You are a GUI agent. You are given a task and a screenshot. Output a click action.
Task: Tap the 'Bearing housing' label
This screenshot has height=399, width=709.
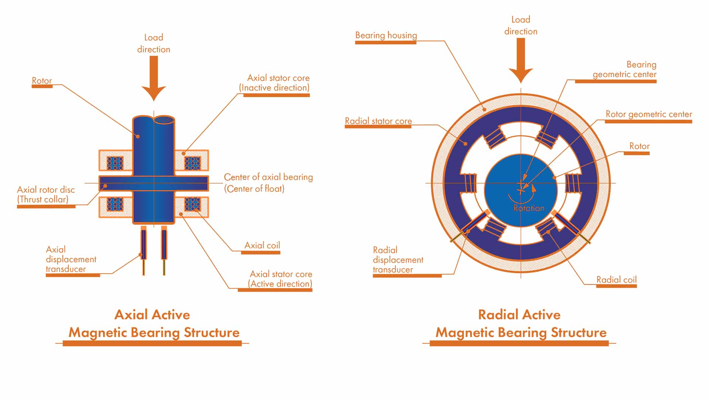coord(386,35)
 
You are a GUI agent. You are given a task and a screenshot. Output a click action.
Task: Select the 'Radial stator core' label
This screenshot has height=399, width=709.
coord(378,121)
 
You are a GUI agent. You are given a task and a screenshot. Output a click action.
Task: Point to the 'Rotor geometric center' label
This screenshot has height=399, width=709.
coord(648,115)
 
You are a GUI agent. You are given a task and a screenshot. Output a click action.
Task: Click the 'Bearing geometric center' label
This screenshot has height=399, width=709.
coord(624,69)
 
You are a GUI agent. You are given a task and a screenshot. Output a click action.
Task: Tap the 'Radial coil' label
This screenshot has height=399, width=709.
coord(616,280)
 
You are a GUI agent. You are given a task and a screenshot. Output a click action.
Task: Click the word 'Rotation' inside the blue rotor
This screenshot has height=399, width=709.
coord(529,208)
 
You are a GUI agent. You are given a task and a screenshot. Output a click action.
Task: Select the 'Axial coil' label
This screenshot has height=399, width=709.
coord(262,246)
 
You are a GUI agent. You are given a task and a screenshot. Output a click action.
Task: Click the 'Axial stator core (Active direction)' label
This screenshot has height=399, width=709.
coord(281,279)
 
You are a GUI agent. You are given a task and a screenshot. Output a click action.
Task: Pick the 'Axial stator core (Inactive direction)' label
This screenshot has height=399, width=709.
coord(274,83)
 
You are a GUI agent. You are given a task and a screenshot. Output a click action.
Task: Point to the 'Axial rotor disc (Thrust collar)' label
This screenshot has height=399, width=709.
coord(46,195)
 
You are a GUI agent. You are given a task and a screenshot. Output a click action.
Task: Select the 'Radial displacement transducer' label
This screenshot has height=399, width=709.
coord(398,260)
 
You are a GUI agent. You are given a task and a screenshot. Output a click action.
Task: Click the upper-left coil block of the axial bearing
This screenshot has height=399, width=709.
coord(115,163)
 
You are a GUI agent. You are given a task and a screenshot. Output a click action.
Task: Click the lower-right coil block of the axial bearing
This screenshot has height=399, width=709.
coord(192,204)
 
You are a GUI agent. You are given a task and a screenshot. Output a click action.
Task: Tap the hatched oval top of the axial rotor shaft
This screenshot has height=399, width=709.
coord(164,120)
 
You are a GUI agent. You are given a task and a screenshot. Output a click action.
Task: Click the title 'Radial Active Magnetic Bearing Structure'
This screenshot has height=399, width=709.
coord(520,324)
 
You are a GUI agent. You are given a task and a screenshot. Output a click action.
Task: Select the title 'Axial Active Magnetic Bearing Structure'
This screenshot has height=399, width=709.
coord(154,324)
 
